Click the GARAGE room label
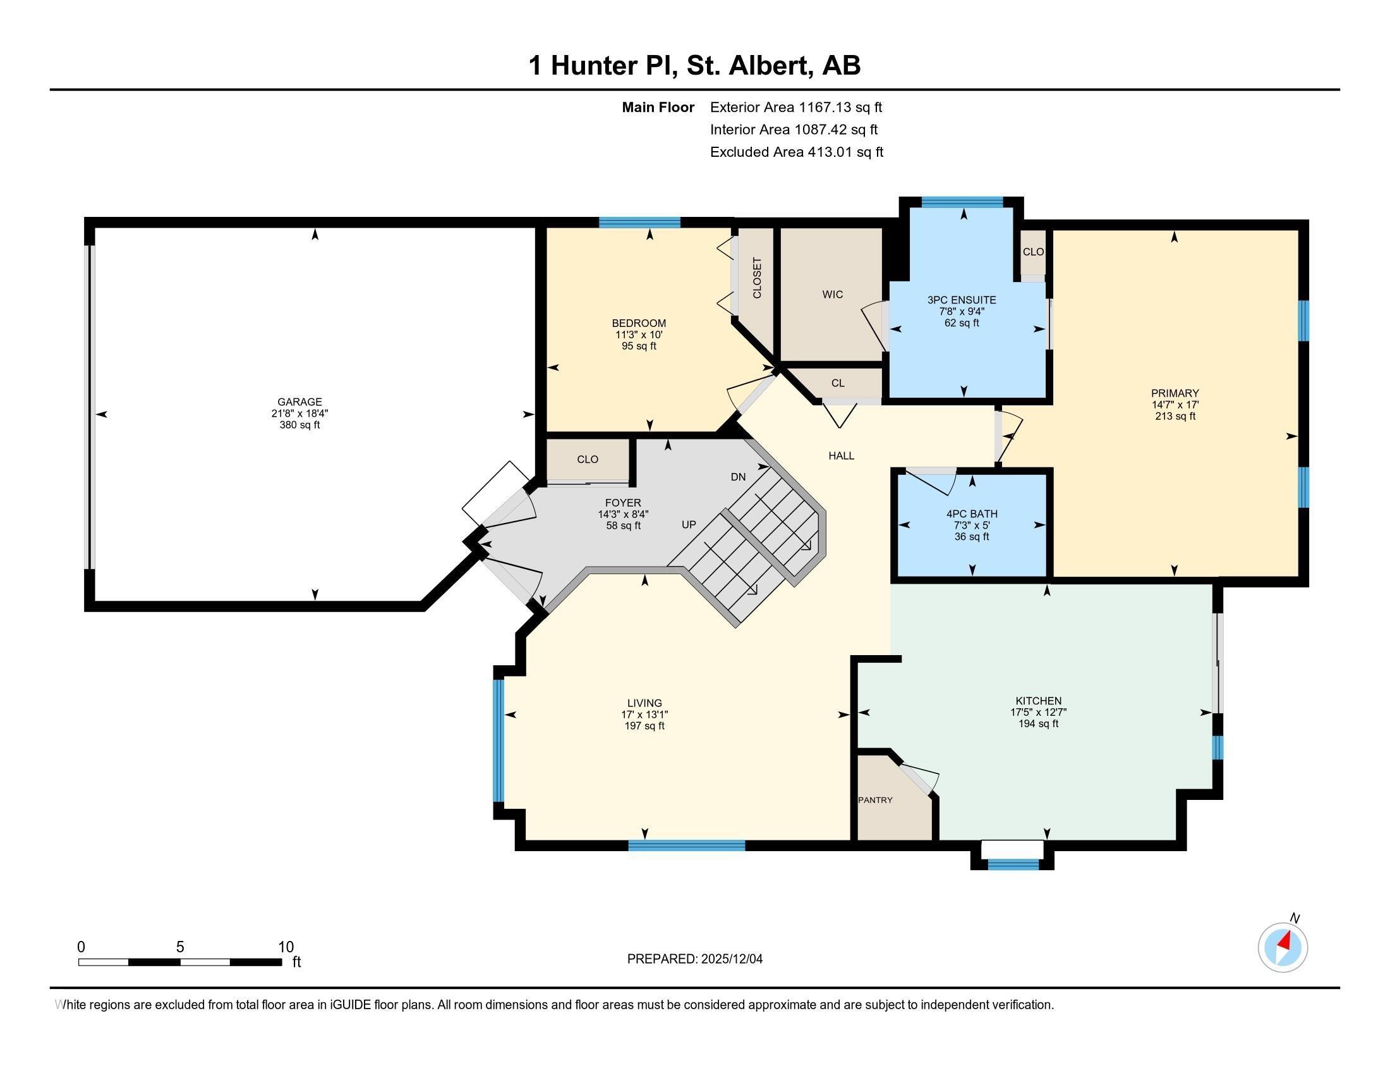(x=299, y=402)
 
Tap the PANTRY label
(x=875, y=800)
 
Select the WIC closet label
(x=832, y=294)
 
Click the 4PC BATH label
(x=971, y=514)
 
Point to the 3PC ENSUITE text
(x=961, y=300)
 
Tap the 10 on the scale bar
(x=286, y=947)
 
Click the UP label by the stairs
(x=689, y=525)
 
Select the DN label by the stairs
(x=737, y=476)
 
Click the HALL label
(x=841, y=455)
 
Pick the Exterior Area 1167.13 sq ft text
(x=795, y=107)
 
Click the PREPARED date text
(x=694, y=959)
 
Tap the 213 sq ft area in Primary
(x=1175, y=416)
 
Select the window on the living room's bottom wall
(x=686, y=845)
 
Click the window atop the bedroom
(x=639, y=222)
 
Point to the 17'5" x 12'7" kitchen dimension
(x=1038, y=713)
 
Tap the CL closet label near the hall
(x=838, y=383)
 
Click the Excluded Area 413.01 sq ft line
(x=796, y=152)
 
